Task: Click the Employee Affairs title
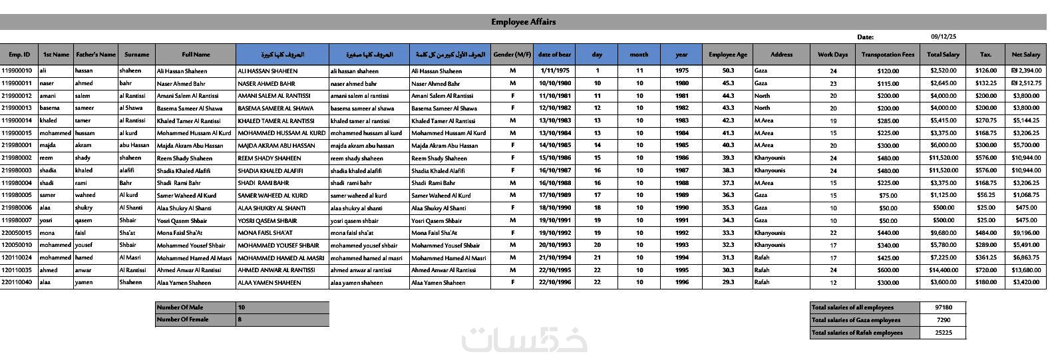tap(524, 22)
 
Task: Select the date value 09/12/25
tap(943, 37)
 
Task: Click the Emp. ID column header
tap(19, 55)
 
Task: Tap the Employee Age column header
tap(727, 55)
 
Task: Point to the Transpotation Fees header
tap(888, 55)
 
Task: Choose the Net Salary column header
tap(1025, 55)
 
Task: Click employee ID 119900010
tap(17, 71)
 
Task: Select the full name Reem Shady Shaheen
tap(184, 158)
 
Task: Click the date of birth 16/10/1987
tap(555, 170)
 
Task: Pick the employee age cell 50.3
tap(727, 71)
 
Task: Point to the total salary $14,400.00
tap(943, 270)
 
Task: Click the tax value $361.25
tap(985, 258)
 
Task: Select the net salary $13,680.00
tap(1025, 270)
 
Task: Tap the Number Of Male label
tap(179, 307)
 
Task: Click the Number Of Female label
tap(182, 319)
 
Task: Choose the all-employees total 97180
tap(943, 307)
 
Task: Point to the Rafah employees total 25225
tap(943, 333)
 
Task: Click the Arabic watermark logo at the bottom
tap(524, 339)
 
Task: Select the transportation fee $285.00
tap(888, 120)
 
